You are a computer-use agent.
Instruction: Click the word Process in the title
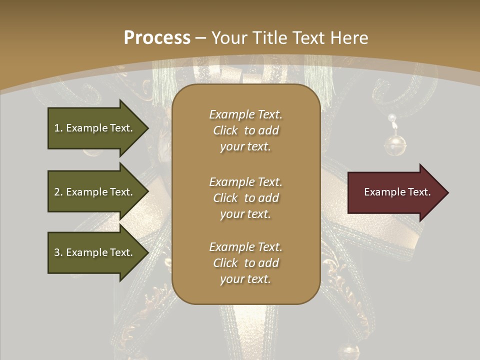click(x=157, y=38)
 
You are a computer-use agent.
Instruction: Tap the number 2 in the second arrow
click(x=57, y=192)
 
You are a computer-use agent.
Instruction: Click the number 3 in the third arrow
click(x=57, y=252)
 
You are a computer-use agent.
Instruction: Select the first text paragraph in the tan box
click(x=245, y=130)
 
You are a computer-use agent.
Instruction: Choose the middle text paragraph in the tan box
click(x=245, y=198)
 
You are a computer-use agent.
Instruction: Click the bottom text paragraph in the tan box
click(x=245, y=263)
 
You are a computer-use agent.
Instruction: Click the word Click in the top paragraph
click(x=225, y=130)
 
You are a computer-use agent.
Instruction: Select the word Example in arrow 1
click(x=87, y=128)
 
